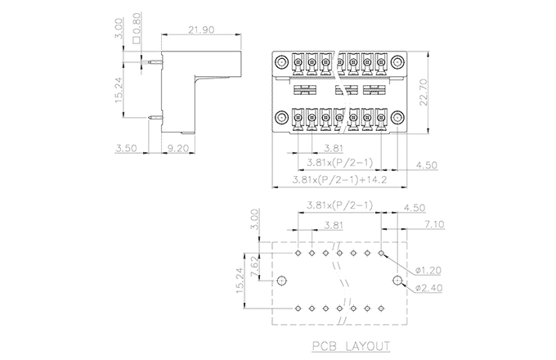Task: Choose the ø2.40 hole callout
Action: click(x=428, y=287)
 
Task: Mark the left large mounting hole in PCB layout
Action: click(x=281, y=281)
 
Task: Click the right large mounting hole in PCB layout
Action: click(x=398, y=281)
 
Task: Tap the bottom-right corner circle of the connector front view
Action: click(x=397, y=119)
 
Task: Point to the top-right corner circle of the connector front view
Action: click(x=397, y=61)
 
